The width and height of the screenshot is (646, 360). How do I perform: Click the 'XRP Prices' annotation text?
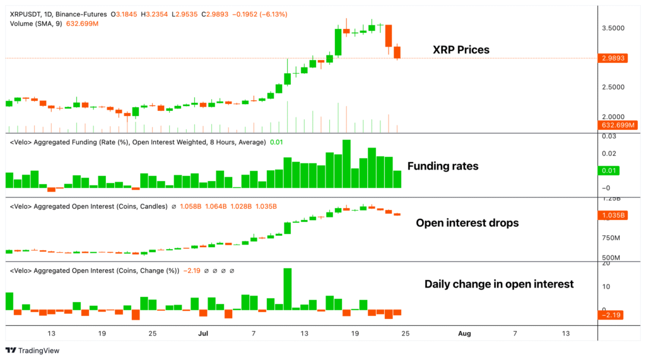[461, 50]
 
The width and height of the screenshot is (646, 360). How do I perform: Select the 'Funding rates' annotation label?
[442, 166]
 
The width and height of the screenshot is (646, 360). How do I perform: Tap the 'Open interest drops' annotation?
[467, 223]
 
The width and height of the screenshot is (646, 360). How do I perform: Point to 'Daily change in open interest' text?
[498, 284]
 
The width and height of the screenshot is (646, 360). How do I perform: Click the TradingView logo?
[32, 351]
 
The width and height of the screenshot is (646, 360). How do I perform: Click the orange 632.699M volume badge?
[618, 125]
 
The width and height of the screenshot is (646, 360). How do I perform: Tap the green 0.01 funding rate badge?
[609, 170]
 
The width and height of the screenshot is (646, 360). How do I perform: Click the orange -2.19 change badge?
[612, 314]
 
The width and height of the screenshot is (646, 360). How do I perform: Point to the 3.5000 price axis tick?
[614, 28]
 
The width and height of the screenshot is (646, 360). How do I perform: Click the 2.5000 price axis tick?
[614, 87]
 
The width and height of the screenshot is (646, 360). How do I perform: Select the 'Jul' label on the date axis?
[203, 333]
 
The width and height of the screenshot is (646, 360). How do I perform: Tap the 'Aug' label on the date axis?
[464, 333]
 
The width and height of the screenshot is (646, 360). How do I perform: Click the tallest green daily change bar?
[288, 289]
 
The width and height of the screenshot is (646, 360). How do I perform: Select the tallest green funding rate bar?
[346, 163]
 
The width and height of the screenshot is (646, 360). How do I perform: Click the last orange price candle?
[397, 52]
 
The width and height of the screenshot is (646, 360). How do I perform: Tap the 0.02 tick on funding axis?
[609, 154]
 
